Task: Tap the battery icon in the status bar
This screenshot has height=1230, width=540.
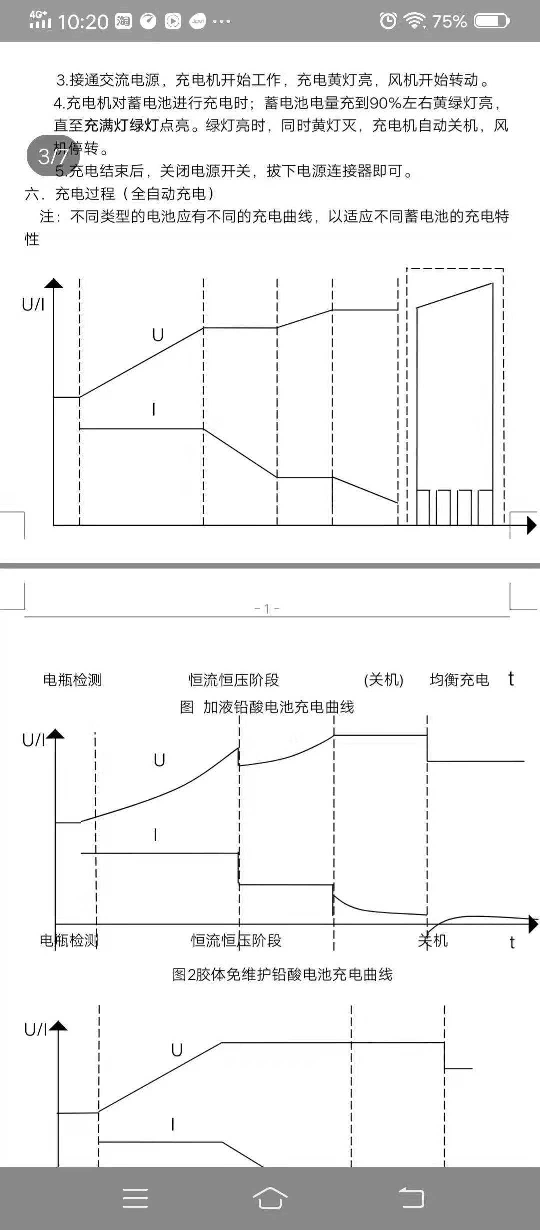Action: (492, 21)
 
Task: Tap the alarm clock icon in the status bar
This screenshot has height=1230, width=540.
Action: (388, 21)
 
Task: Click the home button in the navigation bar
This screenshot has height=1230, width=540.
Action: (270, 1198)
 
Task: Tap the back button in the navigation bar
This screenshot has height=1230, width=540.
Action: (411, 1198)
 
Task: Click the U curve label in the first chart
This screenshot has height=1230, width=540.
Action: (158, 335)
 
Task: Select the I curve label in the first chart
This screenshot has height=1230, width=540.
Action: (154, 410)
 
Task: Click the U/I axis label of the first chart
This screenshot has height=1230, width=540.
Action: (33, 304)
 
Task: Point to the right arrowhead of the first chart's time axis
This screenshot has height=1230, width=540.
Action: (532, 525)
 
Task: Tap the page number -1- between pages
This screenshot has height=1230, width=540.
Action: (267, 608)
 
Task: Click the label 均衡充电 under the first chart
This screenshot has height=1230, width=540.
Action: (459, 680)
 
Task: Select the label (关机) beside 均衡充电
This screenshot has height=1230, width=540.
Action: (383, 680)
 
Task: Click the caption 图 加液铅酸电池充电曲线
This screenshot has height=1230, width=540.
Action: (267, 707)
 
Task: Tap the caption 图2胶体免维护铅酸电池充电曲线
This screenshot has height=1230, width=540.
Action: (282, 974)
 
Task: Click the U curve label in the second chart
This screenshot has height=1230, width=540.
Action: (159, 760)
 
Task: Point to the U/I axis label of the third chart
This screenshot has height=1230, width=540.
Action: (36, 1029)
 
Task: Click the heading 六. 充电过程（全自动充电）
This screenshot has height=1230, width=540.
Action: (120, 194)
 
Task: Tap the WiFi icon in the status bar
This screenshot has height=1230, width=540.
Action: (414, 21)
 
